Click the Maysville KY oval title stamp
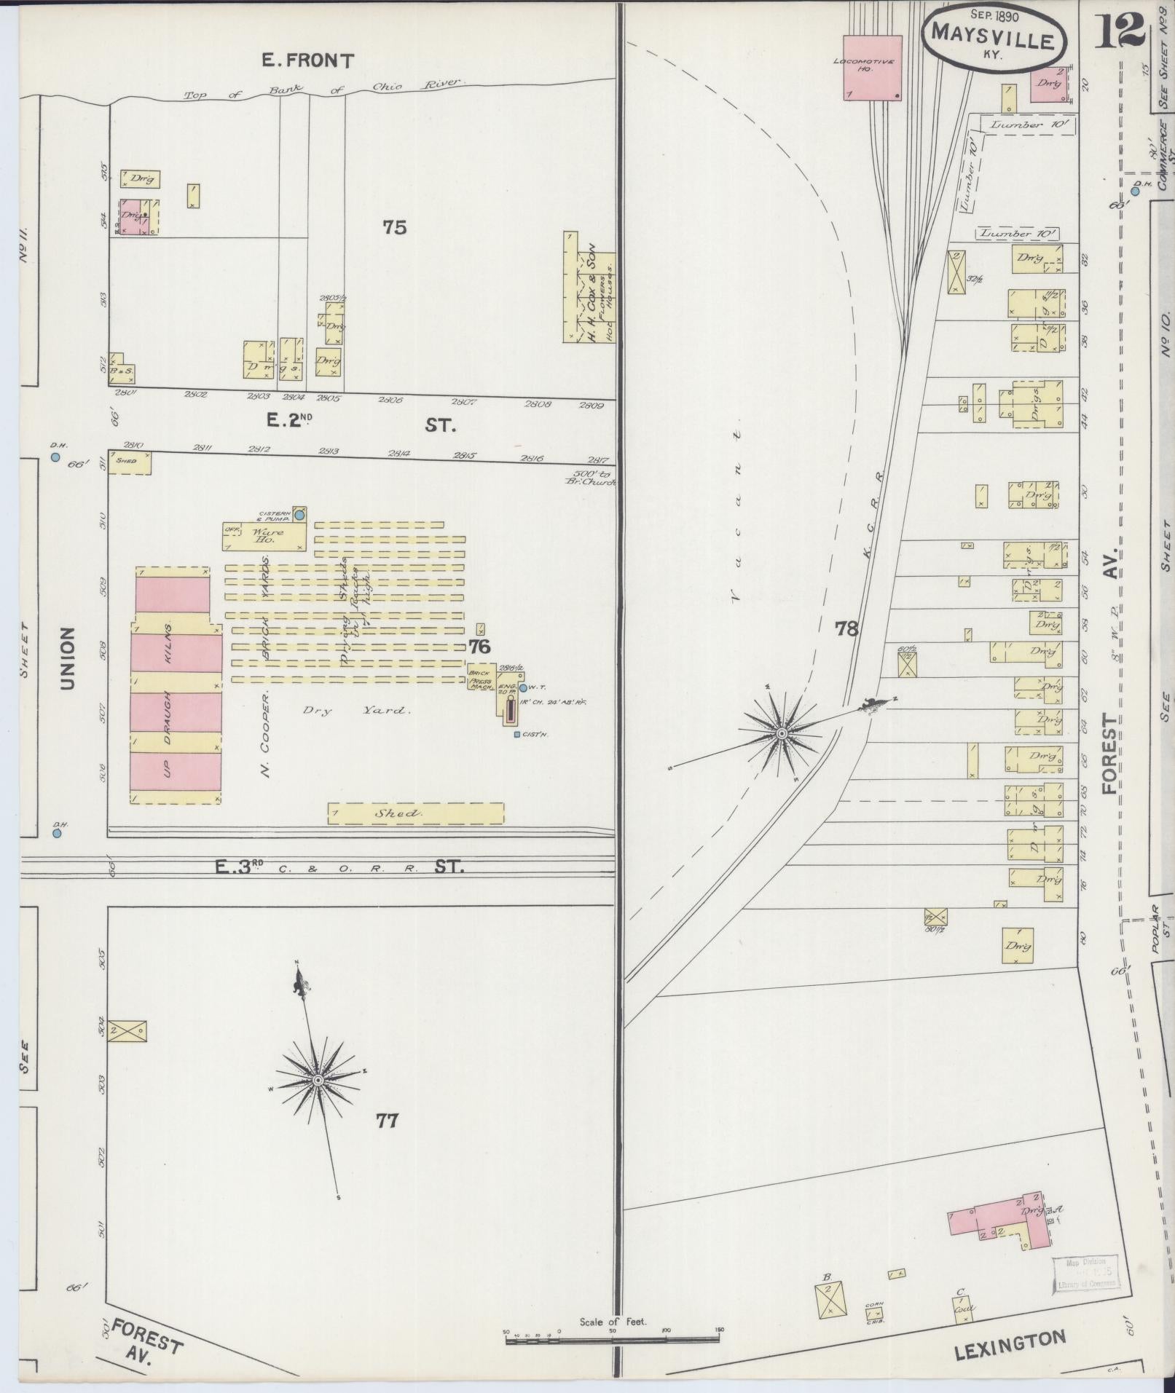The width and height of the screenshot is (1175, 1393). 994,40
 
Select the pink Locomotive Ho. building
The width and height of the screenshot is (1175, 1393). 873,67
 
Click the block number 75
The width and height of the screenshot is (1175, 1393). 394,228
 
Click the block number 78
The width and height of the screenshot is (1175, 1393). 846,628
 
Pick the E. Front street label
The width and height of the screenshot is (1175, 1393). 308,60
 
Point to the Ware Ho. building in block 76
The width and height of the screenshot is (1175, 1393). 264,536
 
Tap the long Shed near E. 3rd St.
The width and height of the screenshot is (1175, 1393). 415,813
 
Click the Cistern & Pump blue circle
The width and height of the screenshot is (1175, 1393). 299,514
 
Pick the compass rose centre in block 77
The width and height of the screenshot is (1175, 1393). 318,1081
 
